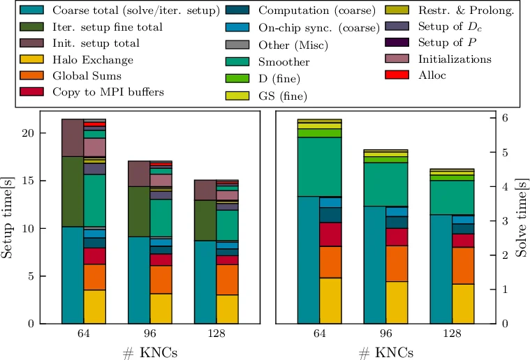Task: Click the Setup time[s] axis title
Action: pos(9,217)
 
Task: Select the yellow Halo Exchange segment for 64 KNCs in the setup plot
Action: pos(94,306)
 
